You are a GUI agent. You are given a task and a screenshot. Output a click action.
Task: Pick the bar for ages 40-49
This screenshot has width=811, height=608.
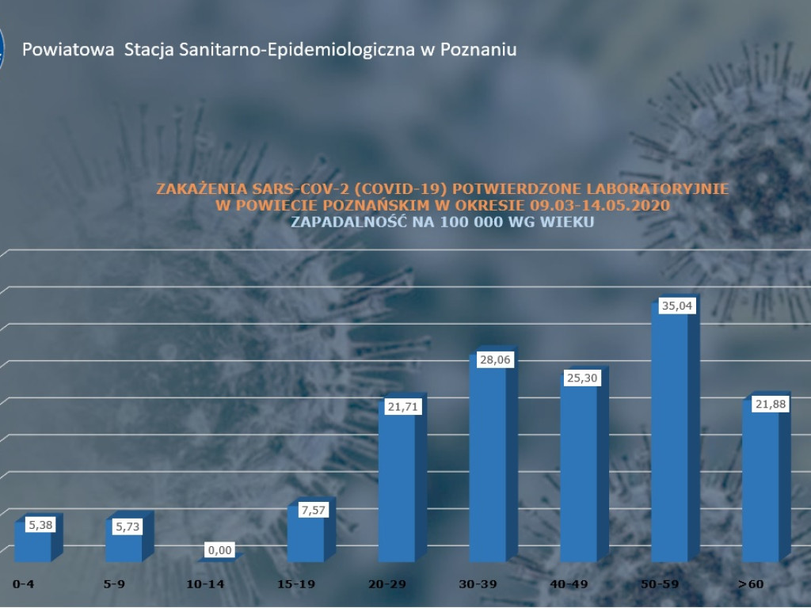tap(579, 475)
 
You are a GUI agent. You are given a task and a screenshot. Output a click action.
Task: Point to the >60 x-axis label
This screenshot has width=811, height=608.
tap(751, 584)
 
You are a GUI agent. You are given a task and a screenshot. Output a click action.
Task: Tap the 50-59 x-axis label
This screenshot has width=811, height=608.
tap(661, 584)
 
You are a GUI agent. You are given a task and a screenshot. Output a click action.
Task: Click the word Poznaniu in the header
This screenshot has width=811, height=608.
tap(480, 49)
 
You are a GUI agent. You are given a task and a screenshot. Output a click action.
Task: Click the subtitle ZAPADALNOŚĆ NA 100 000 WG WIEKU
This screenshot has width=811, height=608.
tap(443, 222)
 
